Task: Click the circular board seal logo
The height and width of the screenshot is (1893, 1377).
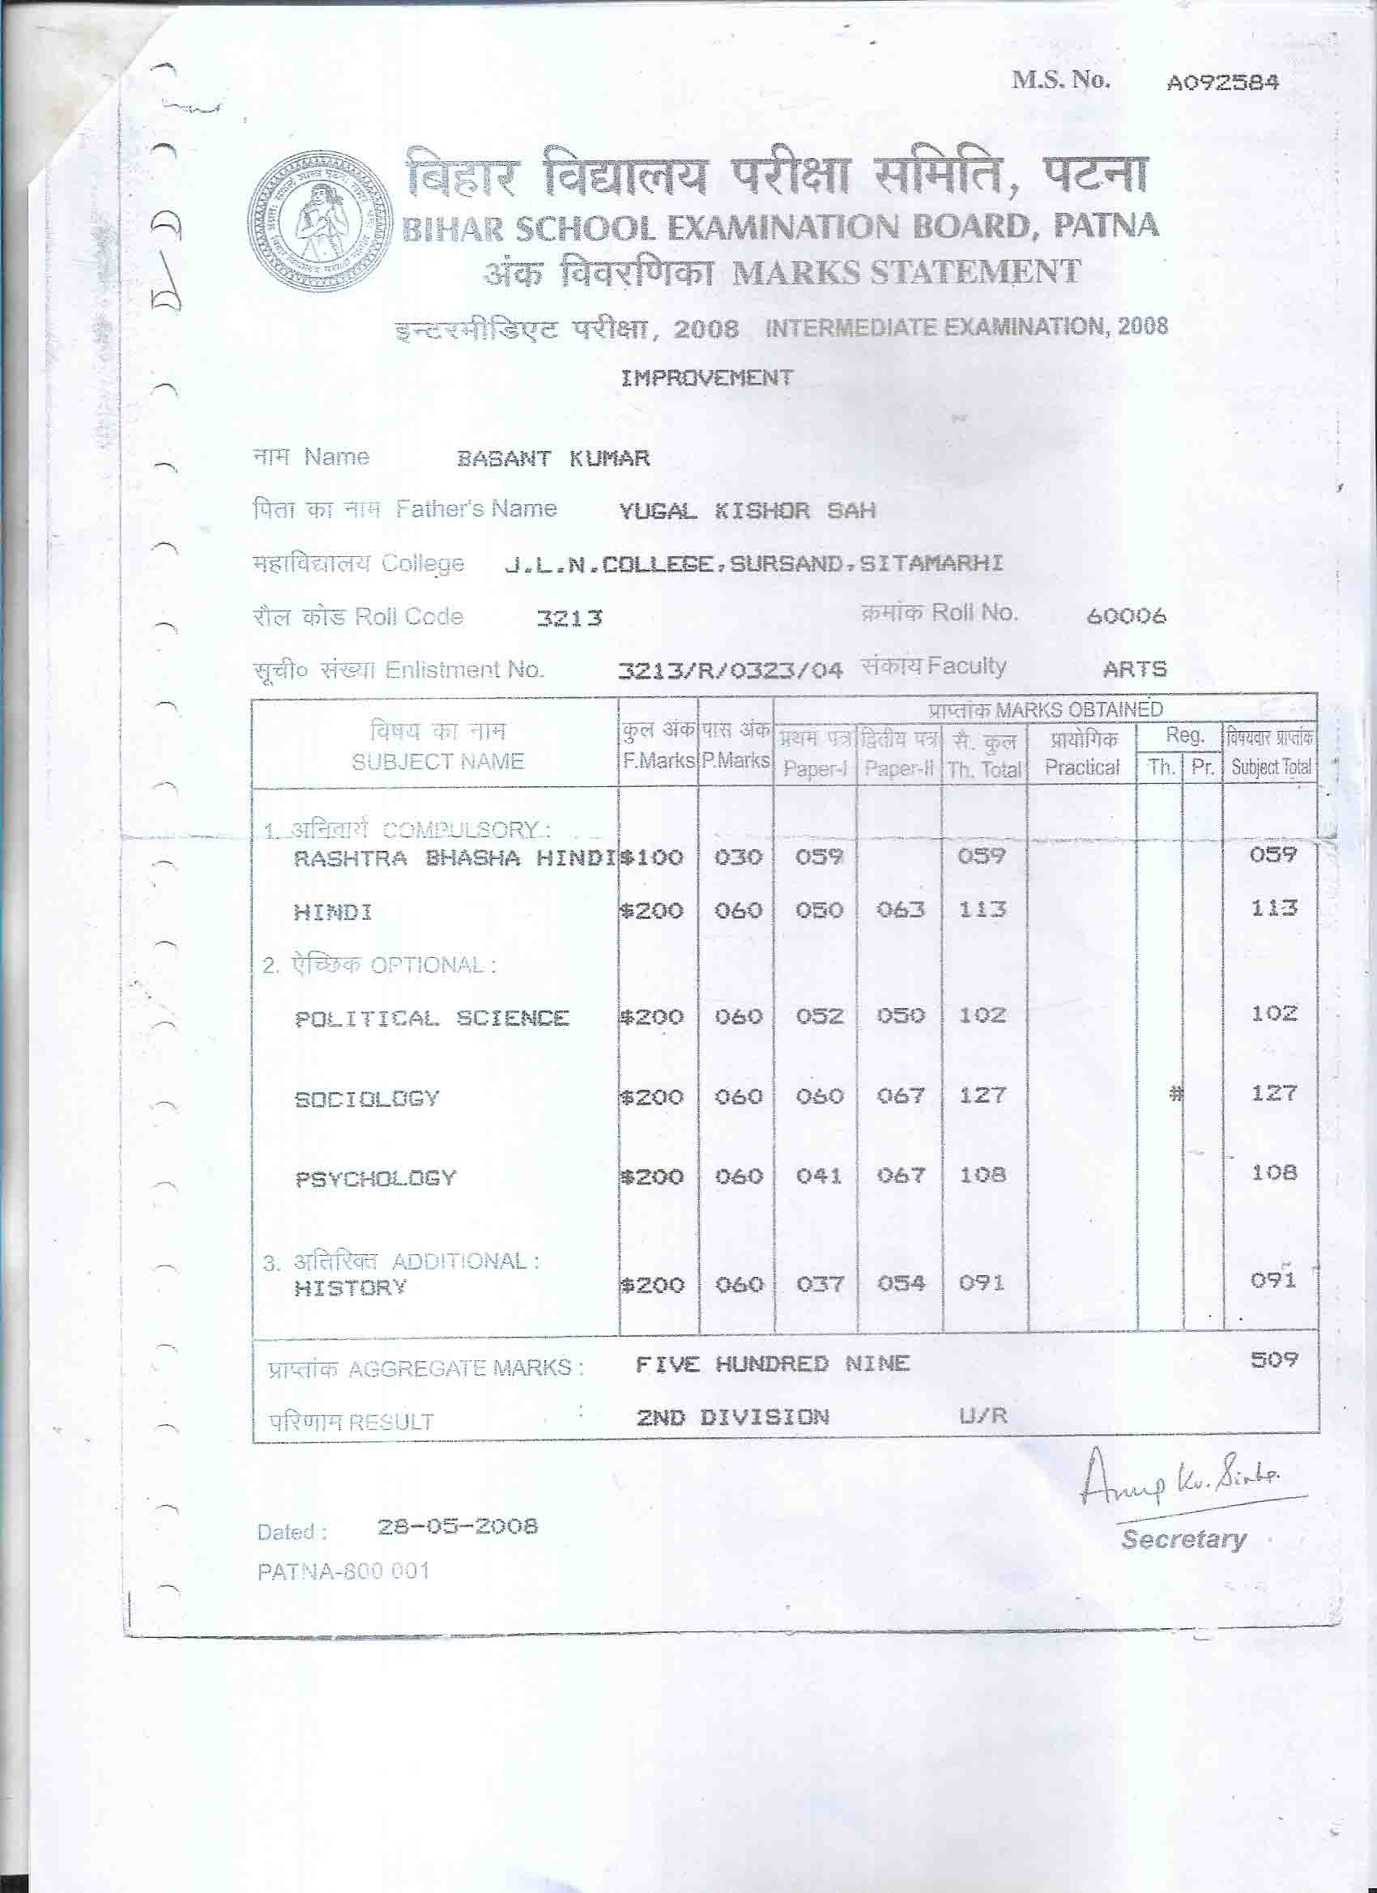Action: coord(322,223)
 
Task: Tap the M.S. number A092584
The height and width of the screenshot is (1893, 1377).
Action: coord(1222,83)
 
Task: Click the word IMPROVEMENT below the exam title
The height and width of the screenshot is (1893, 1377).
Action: coord(706,377)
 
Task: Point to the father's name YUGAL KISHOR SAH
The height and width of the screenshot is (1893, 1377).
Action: coord(747,511)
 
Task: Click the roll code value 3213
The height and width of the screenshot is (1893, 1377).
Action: coord(569,619)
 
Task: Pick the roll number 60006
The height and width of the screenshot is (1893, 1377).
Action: coord(1127,617)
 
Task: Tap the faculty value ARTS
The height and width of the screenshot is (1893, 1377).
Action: coord(1134,669)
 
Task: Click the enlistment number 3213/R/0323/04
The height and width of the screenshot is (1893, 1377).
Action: coord(729,670)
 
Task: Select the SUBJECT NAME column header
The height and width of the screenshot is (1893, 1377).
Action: coord(437,761)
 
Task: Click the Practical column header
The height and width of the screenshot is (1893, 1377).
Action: coord(1081,767)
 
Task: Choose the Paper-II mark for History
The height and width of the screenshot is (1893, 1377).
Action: coord(900,1283)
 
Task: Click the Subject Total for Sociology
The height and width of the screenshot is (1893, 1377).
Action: coord(1273,1093)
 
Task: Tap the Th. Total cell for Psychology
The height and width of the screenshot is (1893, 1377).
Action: coord(982,1175)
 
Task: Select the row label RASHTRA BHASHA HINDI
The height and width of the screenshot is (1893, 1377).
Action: coord(455,859)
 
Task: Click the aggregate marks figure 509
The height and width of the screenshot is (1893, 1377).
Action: coord(1273,1359)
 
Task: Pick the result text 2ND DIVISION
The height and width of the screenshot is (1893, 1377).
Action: coord(732,1416)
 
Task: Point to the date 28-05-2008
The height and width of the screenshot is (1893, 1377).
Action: coord(457,1526)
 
